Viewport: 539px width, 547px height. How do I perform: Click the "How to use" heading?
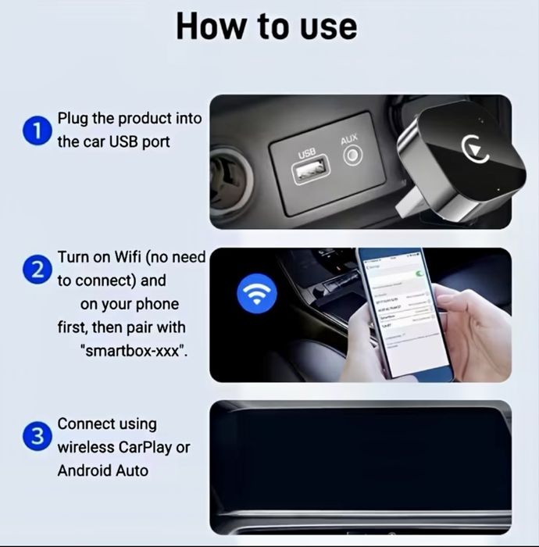[x=266, y=26]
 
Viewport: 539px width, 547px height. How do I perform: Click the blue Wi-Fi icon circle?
[x=256, y=294]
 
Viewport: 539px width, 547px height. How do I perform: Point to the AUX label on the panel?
[x=349, y=139]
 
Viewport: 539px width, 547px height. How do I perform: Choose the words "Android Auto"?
[x=102, y=471]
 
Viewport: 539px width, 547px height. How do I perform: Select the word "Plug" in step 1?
[x=73, y=119]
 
